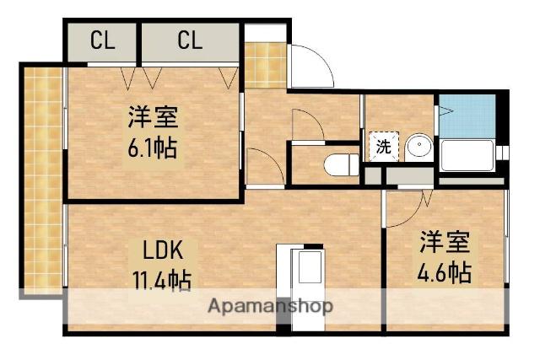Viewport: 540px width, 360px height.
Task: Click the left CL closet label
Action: coord(103,40)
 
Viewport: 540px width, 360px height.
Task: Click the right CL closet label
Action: coord(190,40)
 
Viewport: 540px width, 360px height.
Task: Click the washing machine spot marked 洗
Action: coord(382,146)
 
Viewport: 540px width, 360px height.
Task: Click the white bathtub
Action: coord(467,157)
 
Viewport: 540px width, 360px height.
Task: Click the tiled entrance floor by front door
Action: coord(265,64)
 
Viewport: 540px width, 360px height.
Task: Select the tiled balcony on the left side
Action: coord(42,181)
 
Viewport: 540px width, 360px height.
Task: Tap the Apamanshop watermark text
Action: coord(270,305)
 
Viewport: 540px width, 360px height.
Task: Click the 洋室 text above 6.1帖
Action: coord(153,117)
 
